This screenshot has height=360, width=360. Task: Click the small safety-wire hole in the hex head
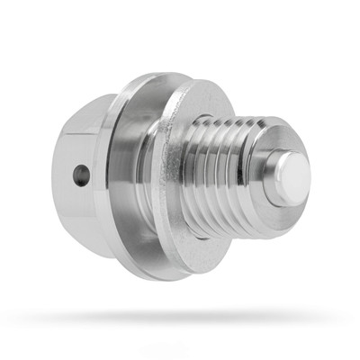pyautogui.click(x=82, y=175)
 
